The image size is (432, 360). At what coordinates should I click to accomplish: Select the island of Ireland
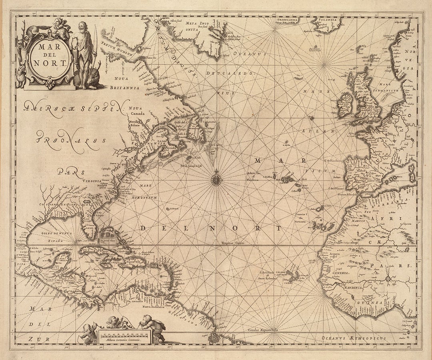tap(345, 105)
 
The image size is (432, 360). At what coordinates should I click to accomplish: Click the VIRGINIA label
tap(92, 181)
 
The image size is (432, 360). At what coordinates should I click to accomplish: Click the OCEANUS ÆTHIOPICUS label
tap(354, 338)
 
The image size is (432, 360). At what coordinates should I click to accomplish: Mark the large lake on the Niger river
tap(388, 278)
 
